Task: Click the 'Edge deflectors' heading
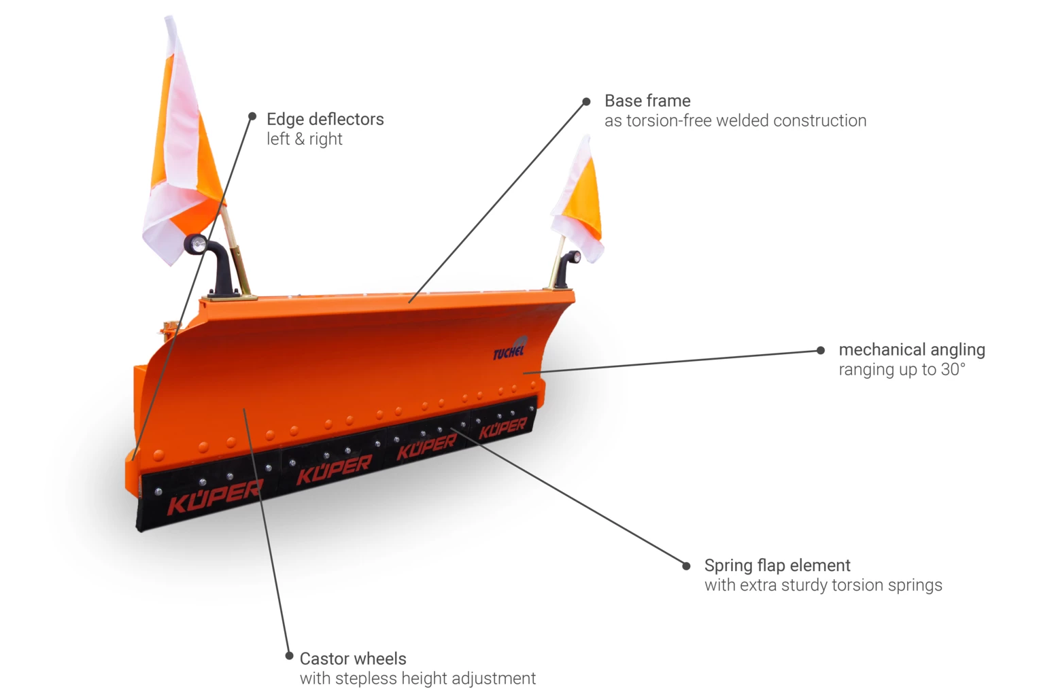pos(325,119)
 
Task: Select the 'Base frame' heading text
pos(647,101)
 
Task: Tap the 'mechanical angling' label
pos(911,349)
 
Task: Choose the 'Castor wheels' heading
pos(353,658)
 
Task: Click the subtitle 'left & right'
pos(304,139)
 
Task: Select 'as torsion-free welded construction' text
pos(735,120)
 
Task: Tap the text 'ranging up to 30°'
pos(902,369)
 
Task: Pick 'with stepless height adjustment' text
pos(418,678)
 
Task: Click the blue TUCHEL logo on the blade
pos(509,351)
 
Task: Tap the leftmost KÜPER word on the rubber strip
pos(214,498)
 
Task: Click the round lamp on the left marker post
pos(197,244)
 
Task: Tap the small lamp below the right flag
pos(574,257)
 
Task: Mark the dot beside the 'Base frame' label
pos(586,102)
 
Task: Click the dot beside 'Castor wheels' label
pos(289,656)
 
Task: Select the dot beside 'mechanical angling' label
pos(821,350)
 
